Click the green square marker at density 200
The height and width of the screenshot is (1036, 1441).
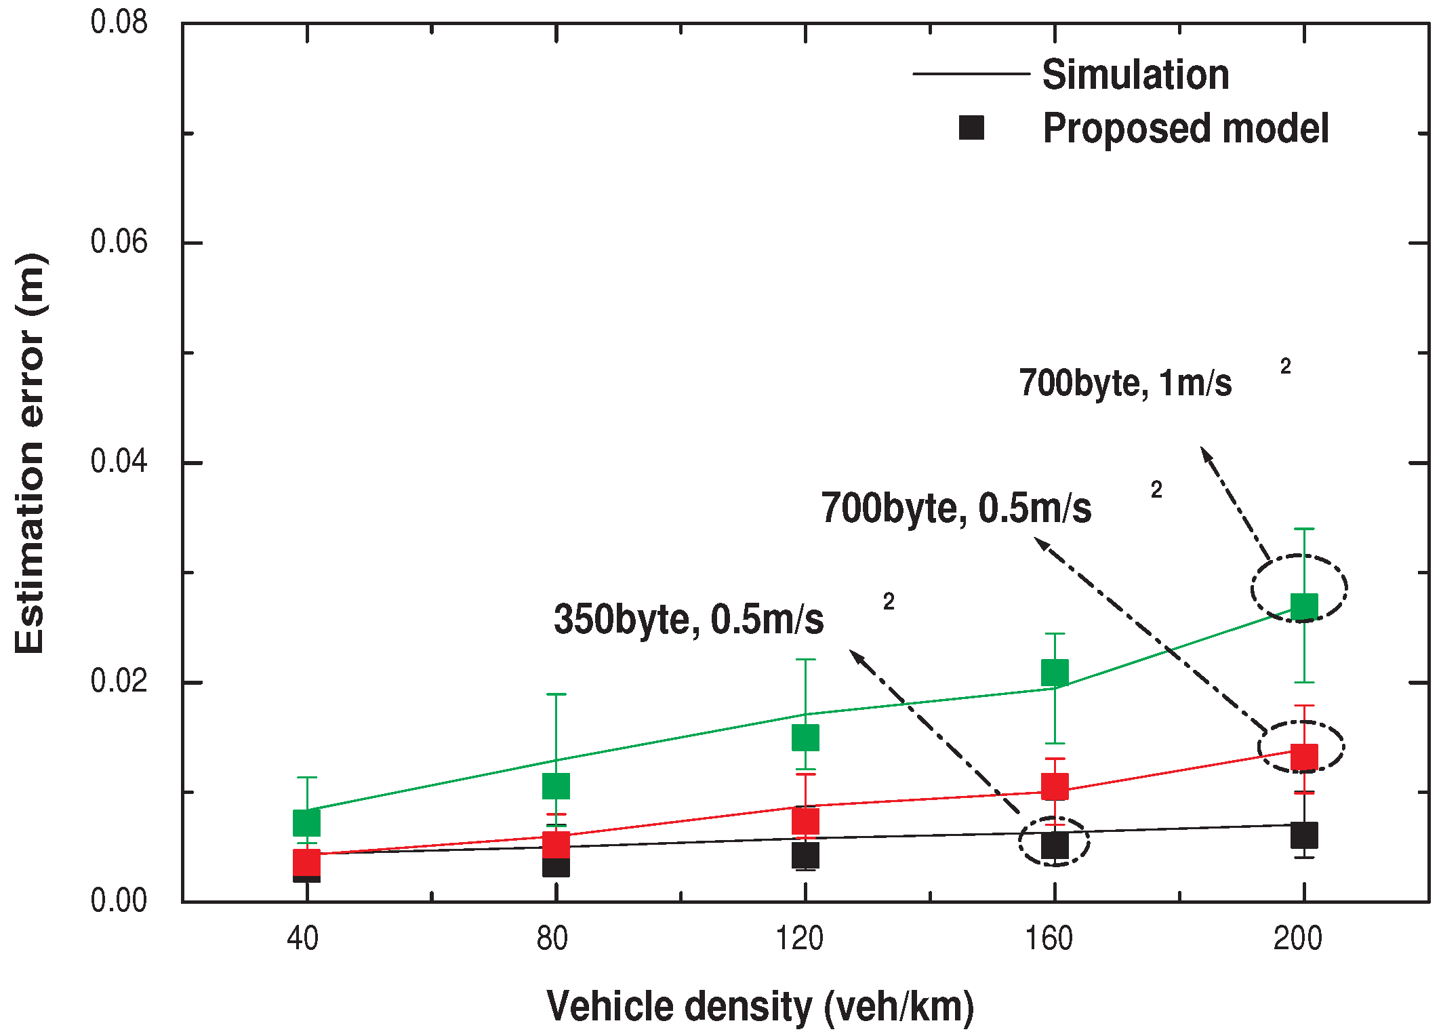[x=1303, y=606]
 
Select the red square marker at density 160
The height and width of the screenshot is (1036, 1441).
[x=1055, y=786]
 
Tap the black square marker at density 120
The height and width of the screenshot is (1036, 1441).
[x=805, y=856]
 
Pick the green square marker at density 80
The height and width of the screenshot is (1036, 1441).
[x=556, y=786]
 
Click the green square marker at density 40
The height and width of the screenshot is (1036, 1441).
[x=306, y=822]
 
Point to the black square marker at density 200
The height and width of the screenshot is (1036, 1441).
[x=1303, y=835]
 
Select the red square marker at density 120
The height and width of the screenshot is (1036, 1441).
[x=805, y=822]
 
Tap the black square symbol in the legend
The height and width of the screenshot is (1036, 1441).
[x=971, y=127]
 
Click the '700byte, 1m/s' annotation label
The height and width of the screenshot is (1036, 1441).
[x=1125, y=383]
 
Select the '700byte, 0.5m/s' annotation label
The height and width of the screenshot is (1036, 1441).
[x=956, y=508]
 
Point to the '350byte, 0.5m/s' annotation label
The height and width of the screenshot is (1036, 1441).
[x=689, y=619]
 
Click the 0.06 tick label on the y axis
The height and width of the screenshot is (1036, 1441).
[x=119, y=242]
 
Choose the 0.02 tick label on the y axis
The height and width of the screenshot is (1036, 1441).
[x=119, y=681]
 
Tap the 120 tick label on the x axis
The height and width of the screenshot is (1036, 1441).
[x=800, y=939]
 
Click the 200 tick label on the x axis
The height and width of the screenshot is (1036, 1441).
[x=1297, y=939]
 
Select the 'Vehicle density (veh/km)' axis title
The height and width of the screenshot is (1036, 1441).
[x=760, y=1006]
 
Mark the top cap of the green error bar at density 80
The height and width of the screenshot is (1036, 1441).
[x=556, y=694]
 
